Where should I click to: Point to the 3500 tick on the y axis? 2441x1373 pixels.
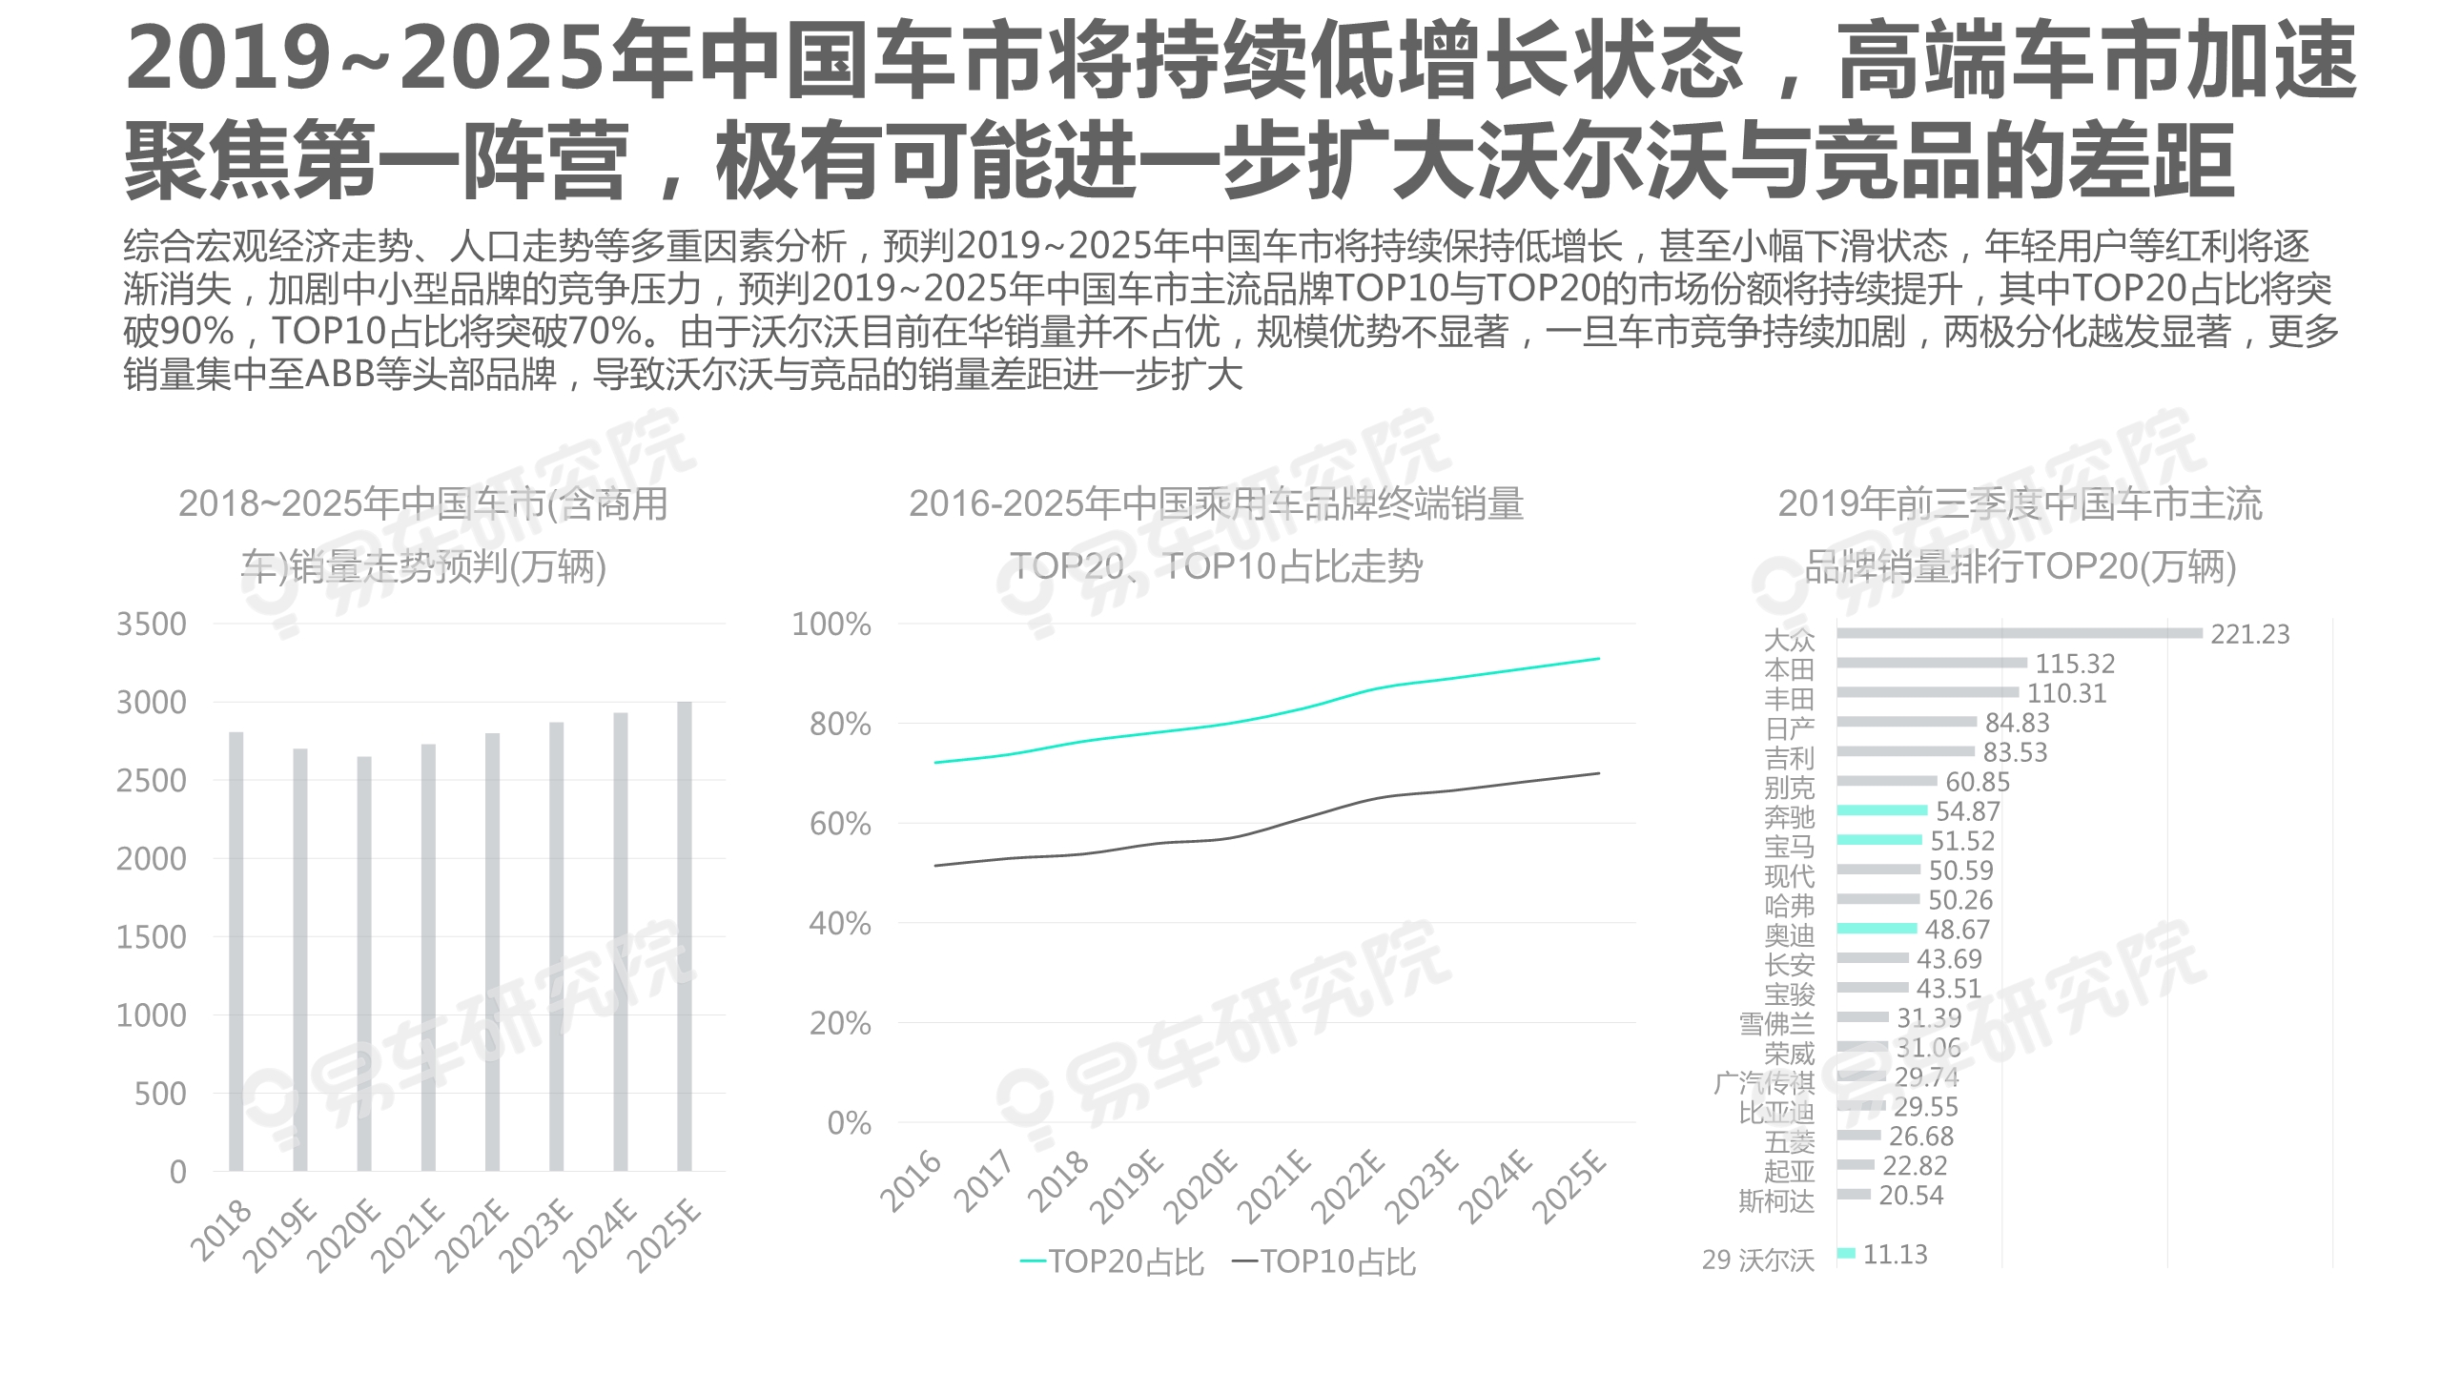(x=152, y=625)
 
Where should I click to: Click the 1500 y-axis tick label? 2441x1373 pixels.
(x=152, y=937)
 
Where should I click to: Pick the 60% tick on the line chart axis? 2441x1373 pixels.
(x=840, y=824)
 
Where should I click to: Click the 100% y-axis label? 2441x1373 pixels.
(x=831, y=625)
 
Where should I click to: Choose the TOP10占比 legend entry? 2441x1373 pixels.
(x=1324, y=1262)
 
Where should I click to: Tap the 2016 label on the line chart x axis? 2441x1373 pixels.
(x=911, y=1182)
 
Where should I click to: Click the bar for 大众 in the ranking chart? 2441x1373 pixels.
(x=2020, y=633)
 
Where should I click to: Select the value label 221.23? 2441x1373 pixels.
(x=2249, y=634)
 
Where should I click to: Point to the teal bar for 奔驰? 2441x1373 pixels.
(x=1882, y=810)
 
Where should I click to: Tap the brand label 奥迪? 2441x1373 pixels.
(x=1789, y=934)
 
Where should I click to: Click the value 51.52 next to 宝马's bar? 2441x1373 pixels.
(x=1962, y=841)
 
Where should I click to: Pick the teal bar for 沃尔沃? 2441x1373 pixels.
(x=1846, y=1253)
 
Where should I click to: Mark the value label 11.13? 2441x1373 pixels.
(x=1895, y=1255)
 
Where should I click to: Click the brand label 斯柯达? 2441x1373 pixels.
(x=1775, y=1200)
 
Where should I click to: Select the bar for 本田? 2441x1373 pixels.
(x=1932, y=663)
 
